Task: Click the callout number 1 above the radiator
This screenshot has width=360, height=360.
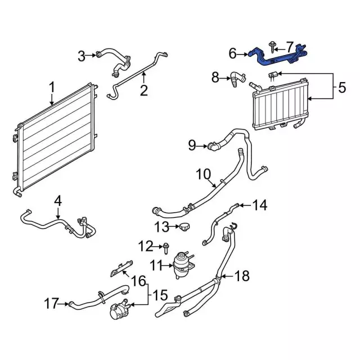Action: point(51,88)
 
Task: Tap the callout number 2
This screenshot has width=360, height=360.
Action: point(143,90)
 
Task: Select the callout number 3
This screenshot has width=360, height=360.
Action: point(82,55)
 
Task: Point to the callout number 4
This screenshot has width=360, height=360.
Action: point(58,200)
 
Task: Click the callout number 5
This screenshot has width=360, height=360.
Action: point(341,88)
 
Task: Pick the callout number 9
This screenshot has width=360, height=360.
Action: point(192,146)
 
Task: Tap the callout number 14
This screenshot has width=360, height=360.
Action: point(259,206)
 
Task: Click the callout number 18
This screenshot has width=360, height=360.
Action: point(242,276)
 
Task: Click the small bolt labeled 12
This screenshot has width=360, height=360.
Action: point(167,246)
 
